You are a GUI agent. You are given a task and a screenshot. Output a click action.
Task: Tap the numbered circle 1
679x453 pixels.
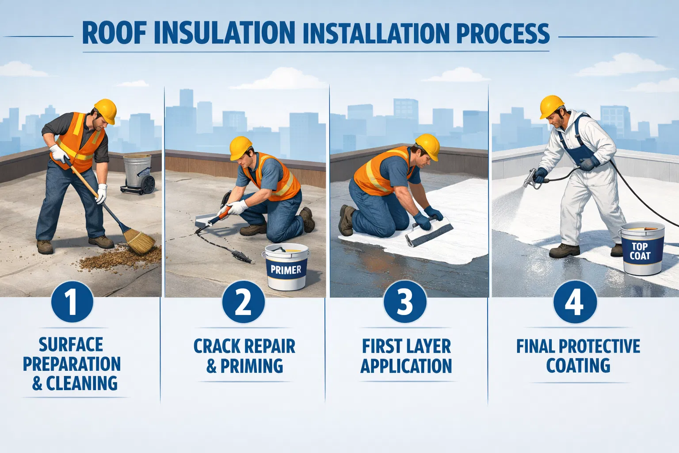coord(72,301)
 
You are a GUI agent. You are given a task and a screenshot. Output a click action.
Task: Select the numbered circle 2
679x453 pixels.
coord(243,302)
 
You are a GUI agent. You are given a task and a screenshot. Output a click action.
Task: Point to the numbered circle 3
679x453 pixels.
coord(405,302)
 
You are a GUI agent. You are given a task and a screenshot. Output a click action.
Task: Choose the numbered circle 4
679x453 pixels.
coord(575,302)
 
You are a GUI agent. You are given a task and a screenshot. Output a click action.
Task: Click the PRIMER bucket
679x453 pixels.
coord(286,266)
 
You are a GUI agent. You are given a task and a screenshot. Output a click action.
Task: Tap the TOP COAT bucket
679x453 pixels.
coord(641,248)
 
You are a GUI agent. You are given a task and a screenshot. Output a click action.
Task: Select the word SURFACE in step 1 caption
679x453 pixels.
coord(71,345)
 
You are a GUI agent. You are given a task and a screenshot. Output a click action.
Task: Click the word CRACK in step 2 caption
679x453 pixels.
coord(214,346)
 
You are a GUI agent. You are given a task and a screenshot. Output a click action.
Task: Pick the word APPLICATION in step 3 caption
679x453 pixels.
coord(406,365)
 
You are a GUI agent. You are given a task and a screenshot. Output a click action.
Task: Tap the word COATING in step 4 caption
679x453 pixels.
coord(578,365)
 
